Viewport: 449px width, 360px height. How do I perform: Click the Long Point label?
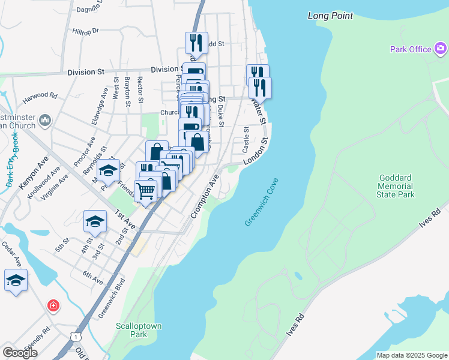click(x=330, y=16)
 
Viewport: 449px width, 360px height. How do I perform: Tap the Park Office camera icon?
click(x=441, y=49)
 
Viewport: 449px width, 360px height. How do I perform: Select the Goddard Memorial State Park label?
click(x=397, y=186)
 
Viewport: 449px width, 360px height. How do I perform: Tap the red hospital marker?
click(x=54, y=306)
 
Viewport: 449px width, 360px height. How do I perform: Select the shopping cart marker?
click(x=145, y=191)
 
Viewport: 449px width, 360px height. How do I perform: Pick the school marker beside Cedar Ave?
click(x=16, y=280)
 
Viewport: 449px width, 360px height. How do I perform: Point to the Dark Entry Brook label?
click(x=13, y=159)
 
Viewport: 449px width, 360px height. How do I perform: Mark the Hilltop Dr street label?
click(x=85, y=30)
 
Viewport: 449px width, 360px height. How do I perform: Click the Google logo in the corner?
click(x=20, y=352)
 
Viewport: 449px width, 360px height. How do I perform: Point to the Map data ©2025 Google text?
click(x=411, y=355)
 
